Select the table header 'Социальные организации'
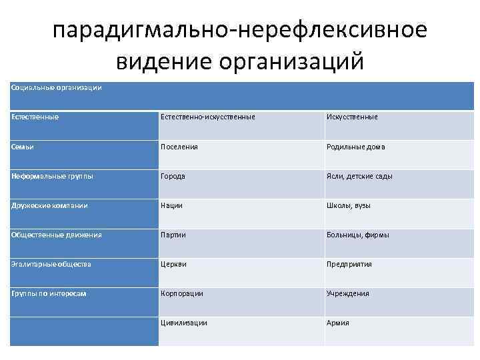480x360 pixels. tap(57, 88)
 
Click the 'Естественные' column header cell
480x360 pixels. tap(35, 117)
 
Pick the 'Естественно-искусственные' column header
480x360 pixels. tap(207, 117)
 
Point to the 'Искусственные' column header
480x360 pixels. tap(351, 117)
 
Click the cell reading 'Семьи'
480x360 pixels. tap(22, 147)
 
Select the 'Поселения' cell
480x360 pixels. tap(179, 147)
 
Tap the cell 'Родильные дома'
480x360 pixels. tap(355, 147)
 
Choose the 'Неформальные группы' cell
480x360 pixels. tap(52, 176)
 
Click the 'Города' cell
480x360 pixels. tap(173, 176)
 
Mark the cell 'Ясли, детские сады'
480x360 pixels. tap(359, 176)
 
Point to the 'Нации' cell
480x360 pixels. tap(171, 205)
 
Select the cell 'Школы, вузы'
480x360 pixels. tap(348, 205)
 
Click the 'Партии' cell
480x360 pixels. tap(173, 235)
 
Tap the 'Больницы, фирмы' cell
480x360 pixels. tap(357, 235)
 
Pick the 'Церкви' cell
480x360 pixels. tap(173, 264)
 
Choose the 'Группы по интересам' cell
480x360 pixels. tap(49, 293)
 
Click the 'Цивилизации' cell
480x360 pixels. tap(183, 323)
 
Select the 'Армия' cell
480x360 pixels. tap(337, 323)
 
